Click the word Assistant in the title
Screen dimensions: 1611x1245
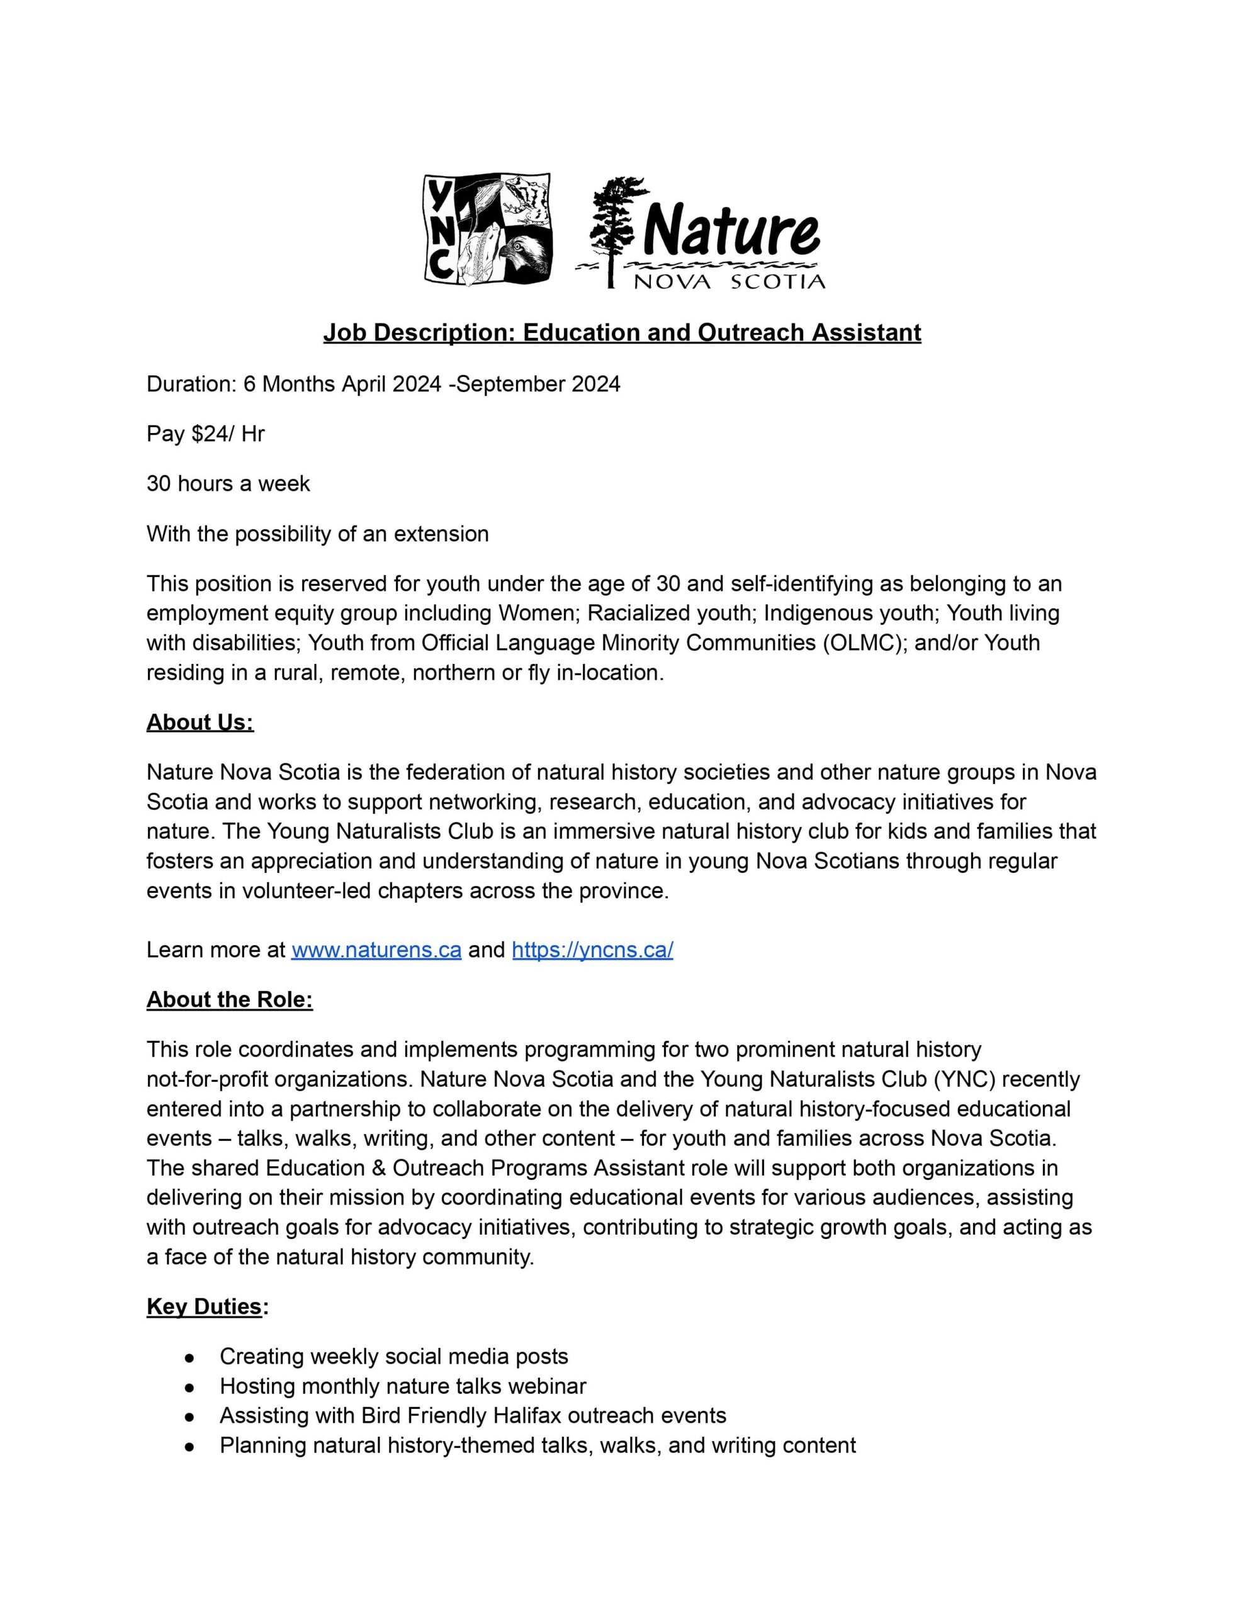tap(867, 333)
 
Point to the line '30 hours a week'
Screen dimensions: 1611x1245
tap(228, 484)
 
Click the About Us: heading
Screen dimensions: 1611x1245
tap(200, 722)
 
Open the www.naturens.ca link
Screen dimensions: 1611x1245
tap(376, 950)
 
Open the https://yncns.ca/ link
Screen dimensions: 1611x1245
tap(593, 950)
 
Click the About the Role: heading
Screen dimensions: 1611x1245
tap(230, 999)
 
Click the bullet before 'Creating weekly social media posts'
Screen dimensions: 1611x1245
tap(189, 1357)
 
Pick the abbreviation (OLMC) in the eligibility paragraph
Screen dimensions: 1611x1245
tap(864, 643)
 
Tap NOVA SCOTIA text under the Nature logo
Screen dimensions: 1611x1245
tap(729, 282)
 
